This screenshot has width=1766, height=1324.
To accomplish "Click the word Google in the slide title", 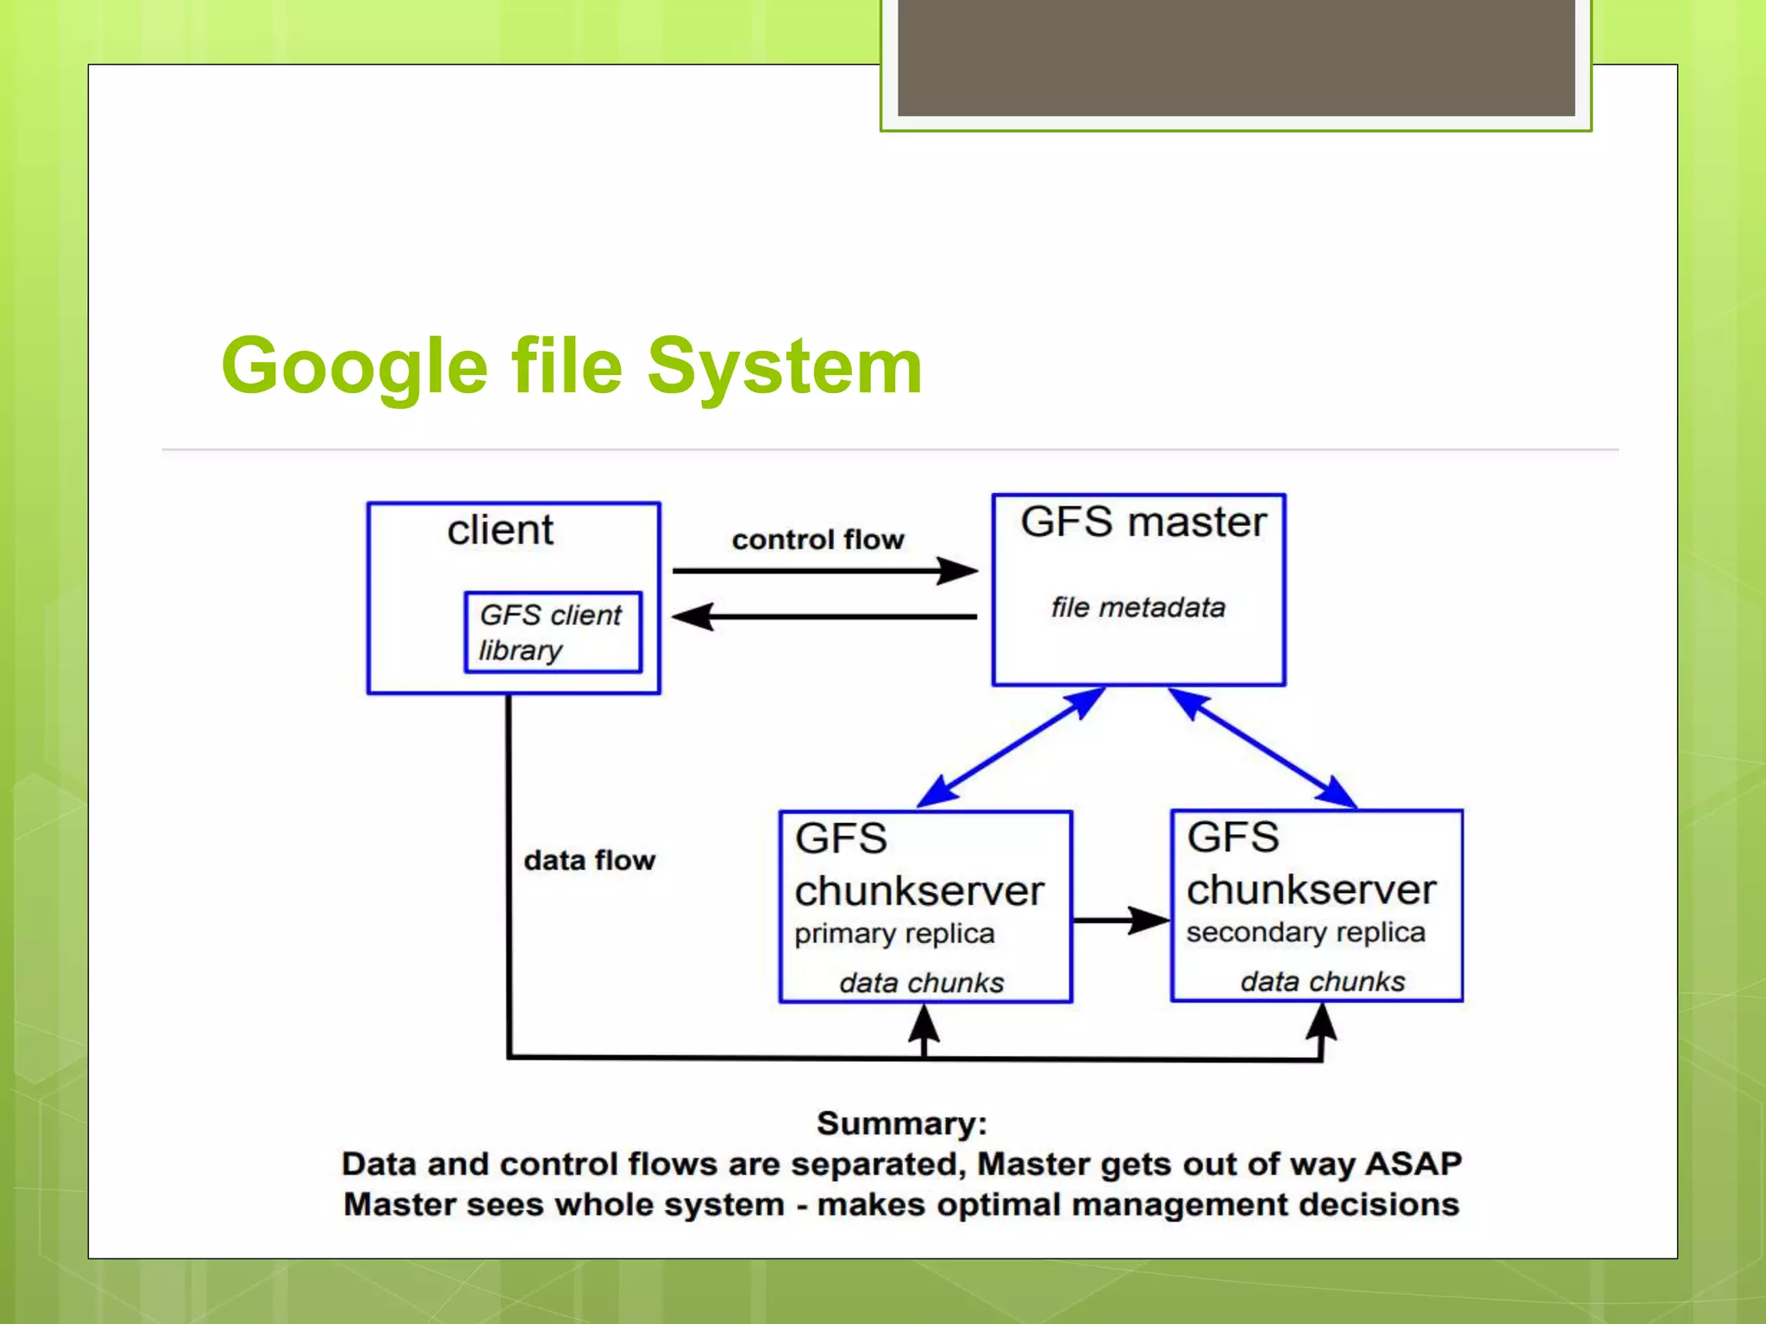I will coord(354,367).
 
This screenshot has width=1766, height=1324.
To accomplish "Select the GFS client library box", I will coord(553,632).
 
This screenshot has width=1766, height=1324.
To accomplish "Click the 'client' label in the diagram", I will coord(500,530).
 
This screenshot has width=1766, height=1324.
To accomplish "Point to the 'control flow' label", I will coord(817,540).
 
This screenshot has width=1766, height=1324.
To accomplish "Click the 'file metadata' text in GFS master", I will coord(1137,608).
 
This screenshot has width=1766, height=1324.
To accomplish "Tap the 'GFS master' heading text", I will coord(1143,522).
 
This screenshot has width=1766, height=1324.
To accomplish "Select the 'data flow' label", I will coord(590,860).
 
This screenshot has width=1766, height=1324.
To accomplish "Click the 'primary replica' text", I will coord(894,934).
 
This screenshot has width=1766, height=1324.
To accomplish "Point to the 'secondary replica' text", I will coord(1306,933).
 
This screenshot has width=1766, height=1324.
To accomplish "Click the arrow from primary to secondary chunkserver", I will coord(1120,920).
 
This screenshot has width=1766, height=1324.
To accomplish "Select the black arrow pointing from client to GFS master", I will coord(824,571).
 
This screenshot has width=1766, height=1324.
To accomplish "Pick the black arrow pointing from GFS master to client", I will coord(824,616).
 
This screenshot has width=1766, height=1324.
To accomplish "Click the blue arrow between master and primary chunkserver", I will coord(1011,747).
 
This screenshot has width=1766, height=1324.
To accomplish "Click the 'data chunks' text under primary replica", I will coord(922,983).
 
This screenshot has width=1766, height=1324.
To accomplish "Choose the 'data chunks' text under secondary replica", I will coord(1323,982).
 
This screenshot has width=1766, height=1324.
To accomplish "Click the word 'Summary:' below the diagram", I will coord(902,1124).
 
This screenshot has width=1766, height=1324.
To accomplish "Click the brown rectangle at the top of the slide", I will coord(1236,57).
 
